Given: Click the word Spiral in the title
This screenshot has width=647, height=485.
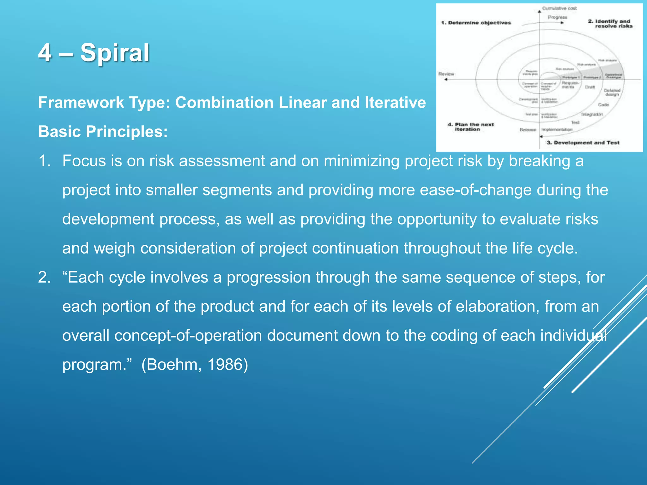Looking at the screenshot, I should coord(115,53).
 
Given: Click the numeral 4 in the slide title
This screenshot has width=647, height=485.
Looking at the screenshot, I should coord(45,53).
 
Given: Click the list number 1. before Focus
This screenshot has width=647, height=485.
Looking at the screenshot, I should coord(45,161).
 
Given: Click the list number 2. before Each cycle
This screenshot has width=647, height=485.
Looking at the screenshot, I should coord(45,278).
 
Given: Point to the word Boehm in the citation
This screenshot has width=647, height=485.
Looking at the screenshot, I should coord(173,365).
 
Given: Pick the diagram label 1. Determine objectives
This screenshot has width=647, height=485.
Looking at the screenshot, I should coord(476,23).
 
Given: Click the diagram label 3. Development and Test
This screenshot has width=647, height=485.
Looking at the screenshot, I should coord(583,143).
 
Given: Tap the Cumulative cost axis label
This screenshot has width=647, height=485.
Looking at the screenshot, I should coord(559,9).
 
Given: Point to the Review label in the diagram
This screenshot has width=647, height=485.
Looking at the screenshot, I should coord(446,74).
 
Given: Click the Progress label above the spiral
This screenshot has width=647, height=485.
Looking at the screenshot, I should coord(557,17).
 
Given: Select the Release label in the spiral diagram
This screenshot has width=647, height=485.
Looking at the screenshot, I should coord(528,130).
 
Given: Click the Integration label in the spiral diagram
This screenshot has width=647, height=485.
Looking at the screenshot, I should coord(592,114).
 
